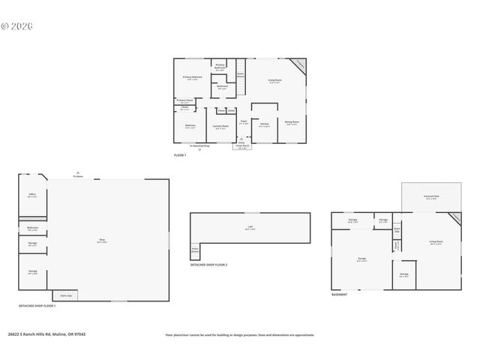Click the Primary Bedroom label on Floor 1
[193, 77]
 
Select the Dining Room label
[291, 121]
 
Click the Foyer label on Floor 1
[244, 121]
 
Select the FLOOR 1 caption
[180, 155]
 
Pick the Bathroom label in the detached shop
[33, 228]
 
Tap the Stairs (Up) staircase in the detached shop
[65, 296]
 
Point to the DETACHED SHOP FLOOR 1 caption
[37, 306]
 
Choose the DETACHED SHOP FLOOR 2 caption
[208, 265]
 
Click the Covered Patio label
[432, 198]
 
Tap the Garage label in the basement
[361, 259]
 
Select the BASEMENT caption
[339, 295]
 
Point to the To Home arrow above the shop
[78, 175]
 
